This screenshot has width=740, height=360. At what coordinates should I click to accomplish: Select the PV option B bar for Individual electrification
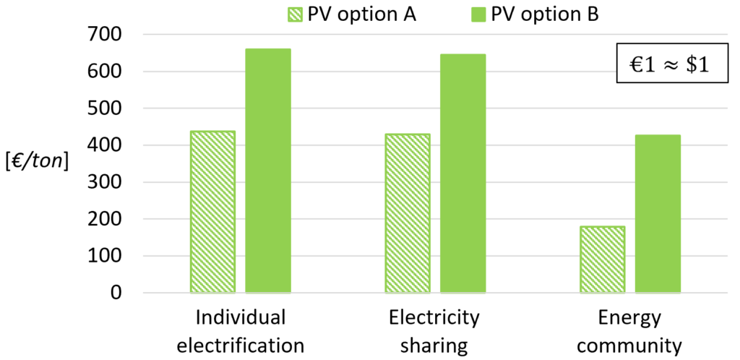click(268, 171)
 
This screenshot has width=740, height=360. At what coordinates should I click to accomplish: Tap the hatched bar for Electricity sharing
click(408, 213)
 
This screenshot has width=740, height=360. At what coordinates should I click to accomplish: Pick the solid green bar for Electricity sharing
click(463, 173)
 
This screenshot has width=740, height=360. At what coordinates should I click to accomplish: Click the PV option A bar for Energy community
click(603, 260)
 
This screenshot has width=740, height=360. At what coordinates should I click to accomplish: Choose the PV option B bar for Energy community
click(658, 214)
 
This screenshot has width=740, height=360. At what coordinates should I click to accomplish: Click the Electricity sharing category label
click(434, 332)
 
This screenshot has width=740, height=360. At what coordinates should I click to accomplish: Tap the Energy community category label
click(629, 332)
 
